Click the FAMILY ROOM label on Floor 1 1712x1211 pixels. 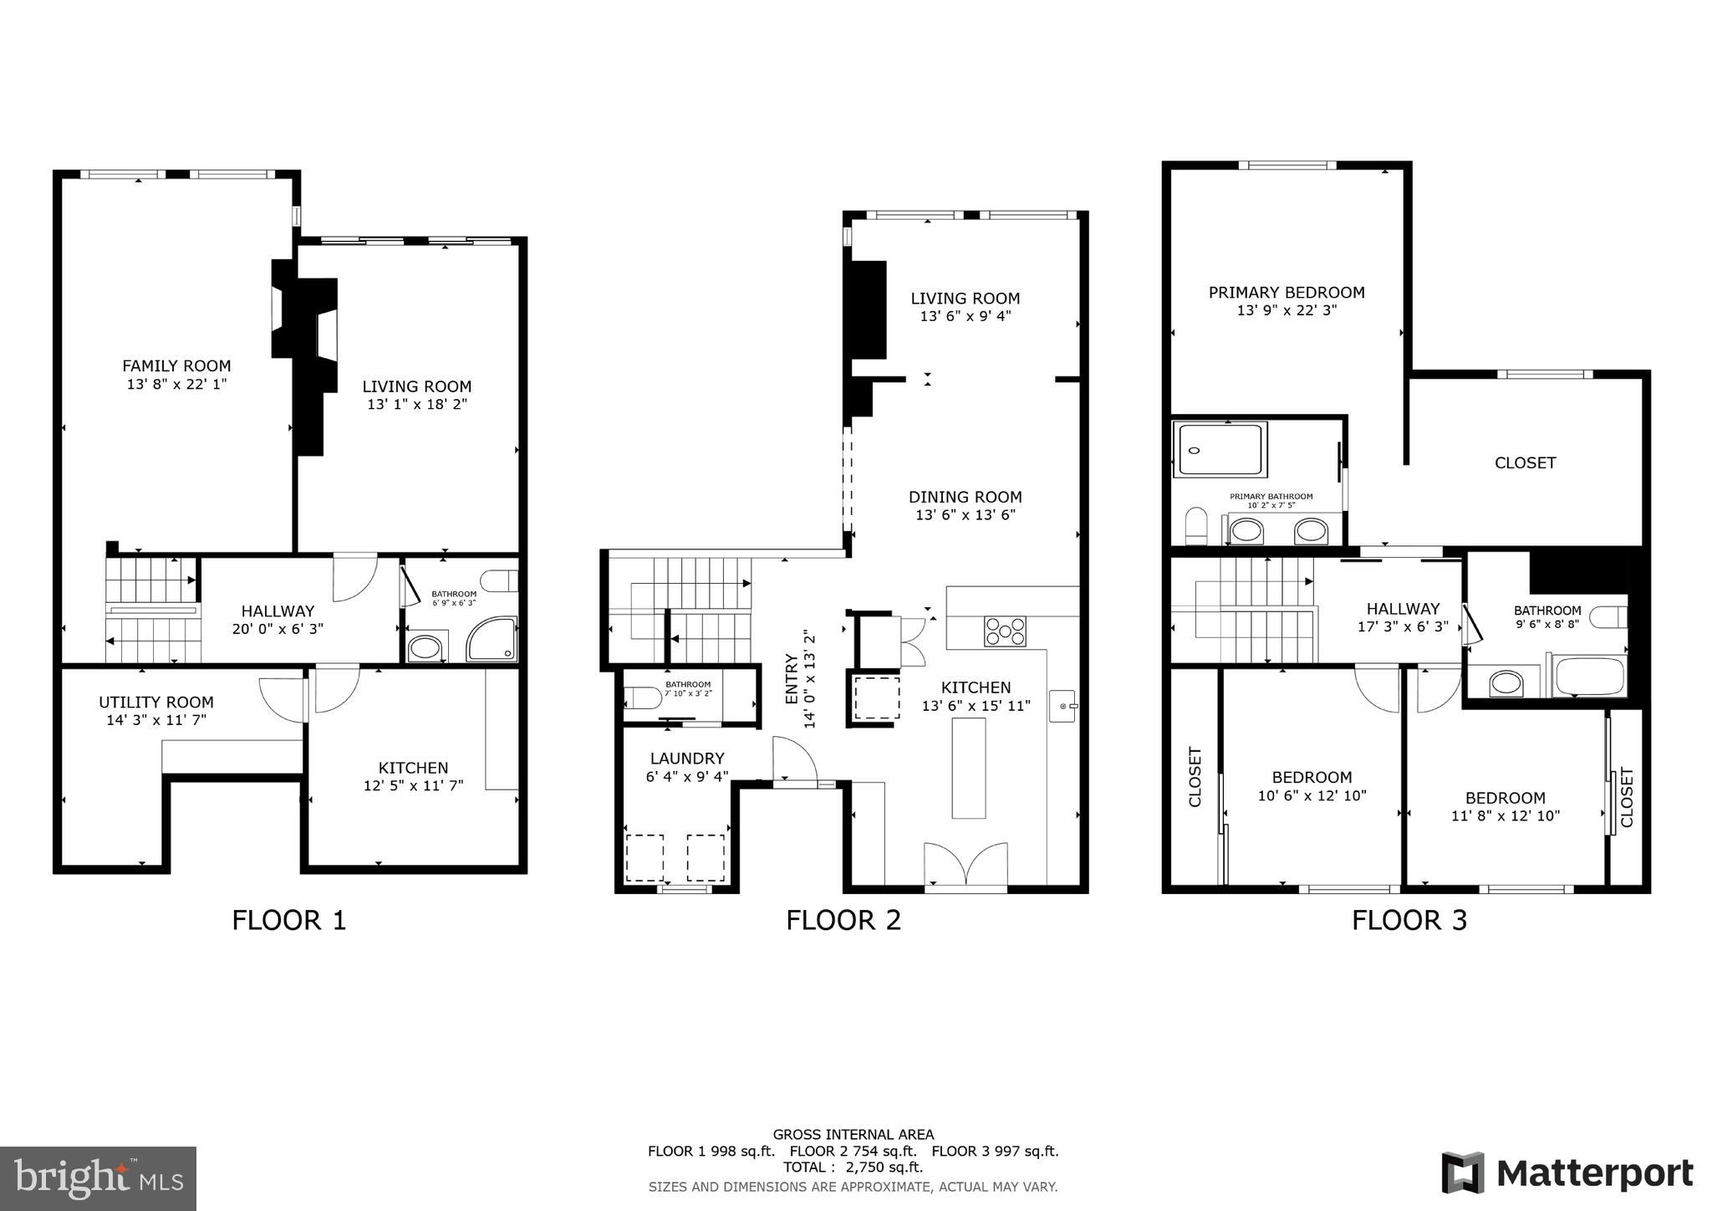pyautogui.click(x=176, y=365)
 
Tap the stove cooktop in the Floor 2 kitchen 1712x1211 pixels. pyautogui.click(x=1005, y=631)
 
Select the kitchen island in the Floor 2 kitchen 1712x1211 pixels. pyautogui.click(x=968, y=768)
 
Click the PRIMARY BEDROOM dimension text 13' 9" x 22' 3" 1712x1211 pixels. pyautogui.click(x=1287, y=310)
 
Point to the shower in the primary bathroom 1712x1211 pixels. pyautogui.click(x=1220, y=450)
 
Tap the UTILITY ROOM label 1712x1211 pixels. pyautogui.click(x=156, y=703)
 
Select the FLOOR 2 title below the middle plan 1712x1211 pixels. pyautogui.click(x=843, y=921)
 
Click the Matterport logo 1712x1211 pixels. pyautogui.click(x=1567, y=1173)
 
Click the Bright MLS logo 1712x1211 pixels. pyautogui.click(x=98, y=1178)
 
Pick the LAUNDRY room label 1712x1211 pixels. pyautogui.click(x=687, y=759)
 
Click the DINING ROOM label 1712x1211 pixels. pyautogui.click(x=965, y=497)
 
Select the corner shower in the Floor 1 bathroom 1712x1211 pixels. pyautogui.click(x=492, y=640)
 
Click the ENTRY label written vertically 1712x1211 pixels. pyautogui.click(x=792, y=679)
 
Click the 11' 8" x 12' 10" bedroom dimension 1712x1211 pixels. pyautogui.click(x=1505, y=815)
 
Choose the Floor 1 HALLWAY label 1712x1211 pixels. pyautogui.click(x=278, y=611)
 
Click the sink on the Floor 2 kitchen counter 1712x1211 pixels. pyautogui.click(x=1062, y=707)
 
